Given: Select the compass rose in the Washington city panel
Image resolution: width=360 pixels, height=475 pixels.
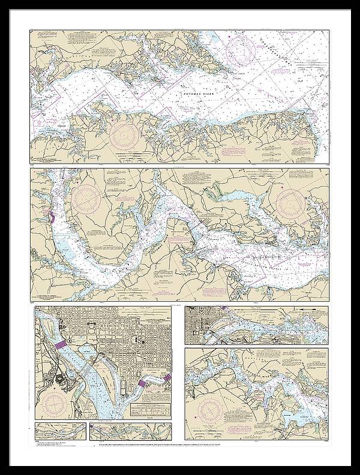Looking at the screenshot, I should point(57,402).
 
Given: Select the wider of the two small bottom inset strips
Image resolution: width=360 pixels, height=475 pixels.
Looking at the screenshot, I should point(130,430).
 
